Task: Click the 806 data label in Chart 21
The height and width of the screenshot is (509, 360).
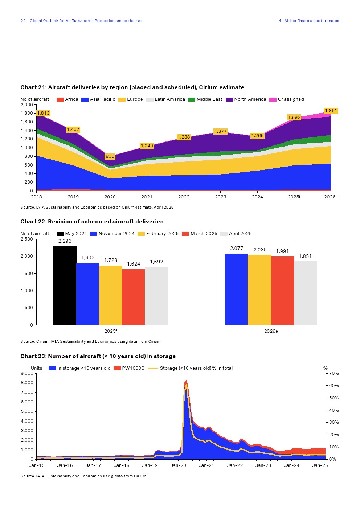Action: pyautogui.click(x=110, y=156)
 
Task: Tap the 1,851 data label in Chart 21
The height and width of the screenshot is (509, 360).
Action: pyautogui.click(x=331, y=111)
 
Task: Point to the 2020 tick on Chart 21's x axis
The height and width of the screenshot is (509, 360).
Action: pyautogui.click(x=110, y=197)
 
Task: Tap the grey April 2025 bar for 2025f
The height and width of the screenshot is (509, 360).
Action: pyautogui.click(x=156, y=296)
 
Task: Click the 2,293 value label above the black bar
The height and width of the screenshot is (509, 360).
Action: pyautogui.click(x=65, y=241)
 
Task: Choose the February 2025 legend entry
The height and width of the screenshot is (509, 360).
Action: pyautogui.click(x=158, y=234)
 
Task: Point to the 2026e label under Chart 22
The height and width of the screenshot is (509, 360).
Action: pyautogui.click(x=271, y=331)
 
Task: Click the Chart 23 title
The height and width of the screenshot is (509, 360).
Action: pyautogui.click(x=98, y=356)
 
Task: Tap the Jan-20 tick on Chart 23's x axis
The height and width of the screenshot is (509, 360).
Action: pyautogui.click(x=178, y=465)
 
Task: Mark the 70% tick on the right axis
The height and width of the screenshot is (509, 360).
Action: pyautogui.click(x=334, y=373)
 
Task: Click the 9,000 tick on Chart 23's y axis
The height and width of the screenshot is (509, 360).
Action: pyautogui.click(x=27, y=373)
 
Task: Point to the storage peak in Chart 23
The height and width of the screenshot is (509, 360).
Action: pyautogui.click(x=186, y=381)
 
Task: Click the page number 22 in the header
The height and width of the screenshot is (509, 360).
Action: pyautogui.click(x=23, y=21)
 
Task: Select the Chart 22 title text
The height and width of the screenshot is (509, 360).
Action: pyautogui.click(x=92, y=222)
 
